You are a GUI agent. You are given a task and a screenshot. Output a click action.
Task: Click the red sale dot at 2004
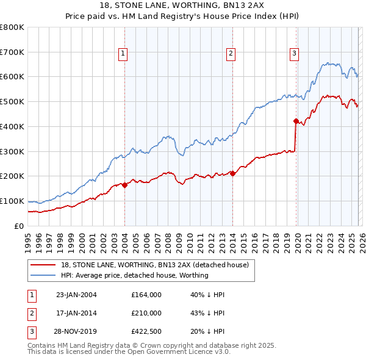[x=124, y=185]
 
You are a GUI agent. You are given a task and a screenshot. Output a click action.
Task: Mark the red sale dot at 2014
[x=232, y=173]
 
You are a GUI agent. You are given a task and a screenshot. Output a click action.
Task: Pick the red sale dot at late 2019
[x=296, y=121]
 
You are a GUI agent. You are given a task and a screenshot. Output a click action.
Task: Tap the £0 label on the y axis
[x=19, y=226]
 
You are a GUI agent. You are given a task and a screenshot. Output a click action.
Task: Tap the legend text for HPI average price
[x=134, y=275]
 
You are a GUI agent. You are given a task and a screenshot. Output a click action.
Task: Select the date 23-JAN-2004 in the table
[x=76, y=295]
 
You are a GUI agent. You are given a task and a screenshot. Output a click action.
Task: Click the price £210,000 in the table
[x=146, y=313]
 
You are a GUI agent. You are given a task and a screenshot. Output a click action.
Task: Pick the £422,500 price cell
[x=146, y=331]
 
